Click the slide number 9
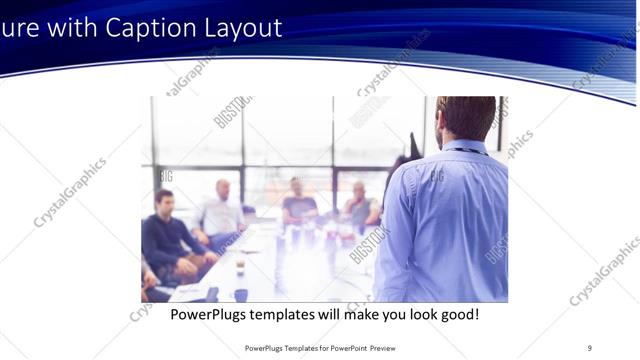pos(589,347)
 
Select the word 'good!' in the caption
pos(456,314)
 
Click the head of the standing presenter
pos(466,117)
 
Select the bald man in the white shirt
pos(221,211)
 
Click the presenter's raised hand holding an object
pos(413,146)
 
